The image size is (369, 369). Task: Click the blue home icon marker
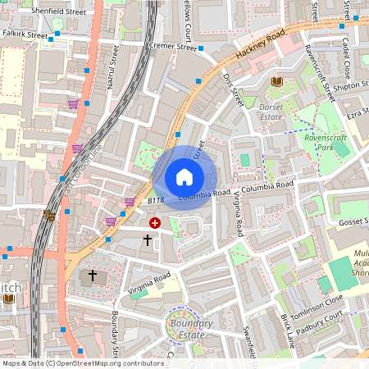(x=184, y=177)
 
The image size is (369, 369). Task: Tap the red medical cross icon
(x=154, y=222)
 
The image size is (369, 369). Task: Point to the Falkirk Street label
(x=25, y=34)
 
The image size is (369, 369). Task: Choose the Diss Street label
(x=234, y=90)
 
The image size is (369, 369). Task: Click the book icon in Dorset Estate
(x=276, y=81)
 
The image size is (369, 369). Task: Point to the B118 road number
(x=156, y=200)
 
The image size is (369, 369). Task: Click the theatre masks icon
(x=49, y=216)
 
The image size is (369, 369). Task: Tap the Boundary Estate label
(x=188, y=329)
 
